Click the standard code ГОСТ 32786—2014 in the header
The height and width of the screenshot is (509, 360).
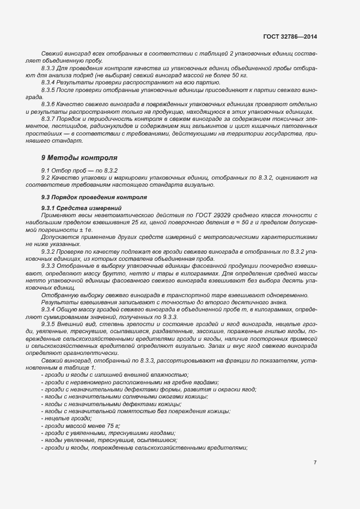point(289,37)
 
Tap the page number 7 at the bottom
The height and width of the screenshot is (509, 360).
point(315,462)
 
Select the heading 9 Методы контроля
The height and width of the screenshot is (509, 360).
point(79,157)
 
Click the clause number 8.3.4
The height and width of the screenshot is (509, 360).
point(48,82)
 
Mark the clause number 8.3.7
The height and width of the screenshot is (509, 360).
point(48,119)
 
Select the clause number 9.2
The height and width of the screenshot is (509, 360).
point(45,178)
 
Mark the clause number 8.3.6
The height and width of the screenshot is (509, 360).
point(48,103)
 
